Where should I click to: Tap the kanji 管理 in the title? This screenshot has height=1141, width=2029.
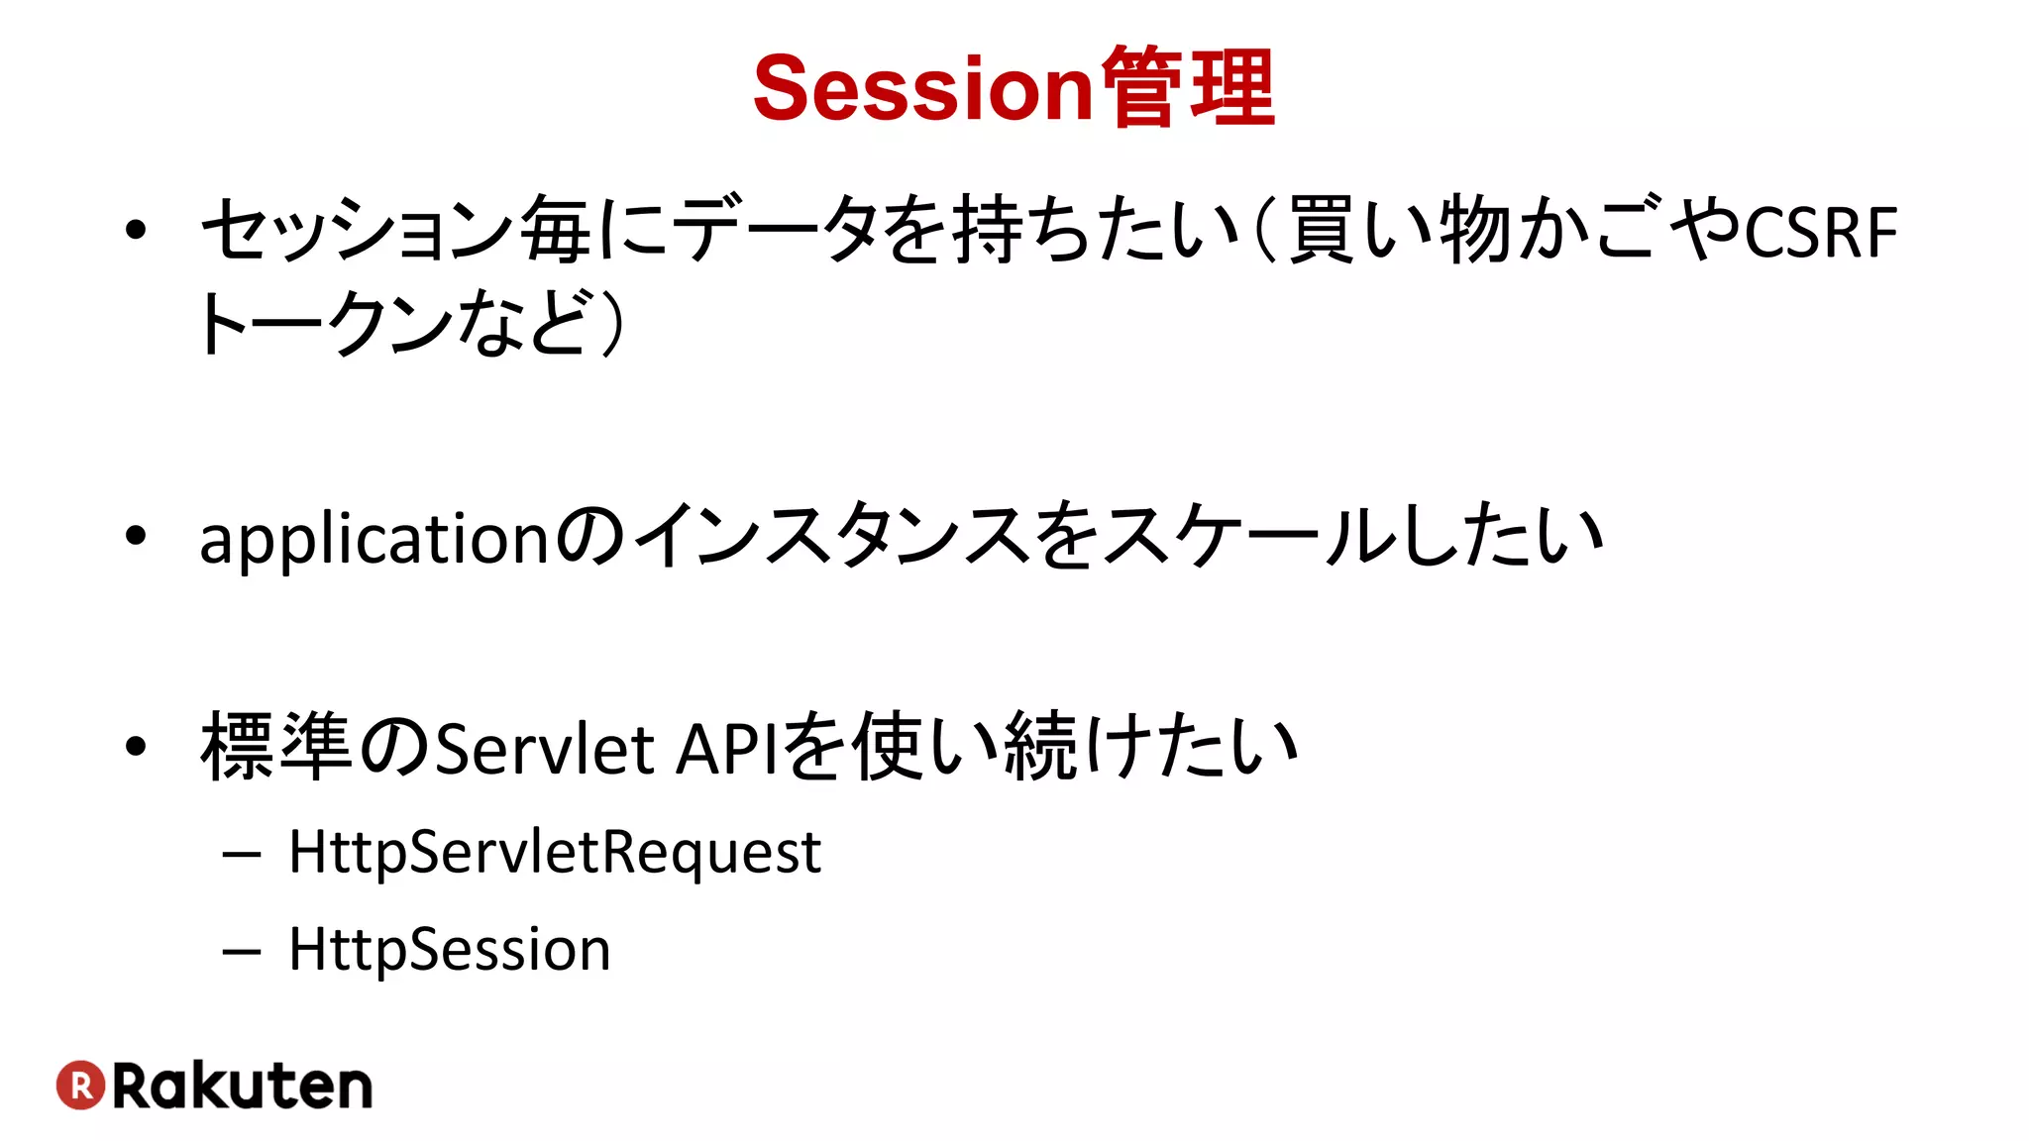click(x=1187, y=89)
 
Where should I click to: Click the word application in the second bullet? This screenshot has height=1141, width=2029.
click(x=374, y=540)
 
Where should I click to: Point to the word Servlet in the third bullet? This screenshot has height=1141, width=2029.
click(x=544, y=749)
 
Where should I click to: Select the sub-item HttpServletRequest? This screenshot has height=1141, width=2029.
click(x=555, y=852)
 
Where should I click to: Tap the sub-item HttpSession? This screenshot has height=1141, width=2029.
click(x=450, y=949)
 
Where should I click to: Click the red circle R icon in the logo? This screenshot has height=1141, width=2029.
click(x=80, y=1085)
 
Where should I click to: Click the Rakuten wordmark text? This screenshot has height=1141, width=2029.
click(x=243, y=1086)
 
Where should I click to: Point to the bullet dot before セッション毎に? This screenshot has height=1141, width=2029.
click(x=136, y=231)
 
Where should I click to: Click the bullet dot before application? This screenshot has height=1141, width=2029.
click(x=136, y=536)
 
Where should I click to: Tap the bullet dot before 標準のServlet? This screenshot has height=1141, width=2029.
click(x=136, y=747)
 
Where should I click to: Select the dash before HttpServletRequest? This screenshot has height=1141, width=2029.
click(x=242, y=854)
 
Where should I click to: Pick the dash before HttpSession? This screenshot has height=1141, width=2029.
click(x=242, y=952)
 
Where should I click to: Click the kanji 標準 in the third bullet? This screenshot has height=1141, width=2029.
click(x=276, y=747)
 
